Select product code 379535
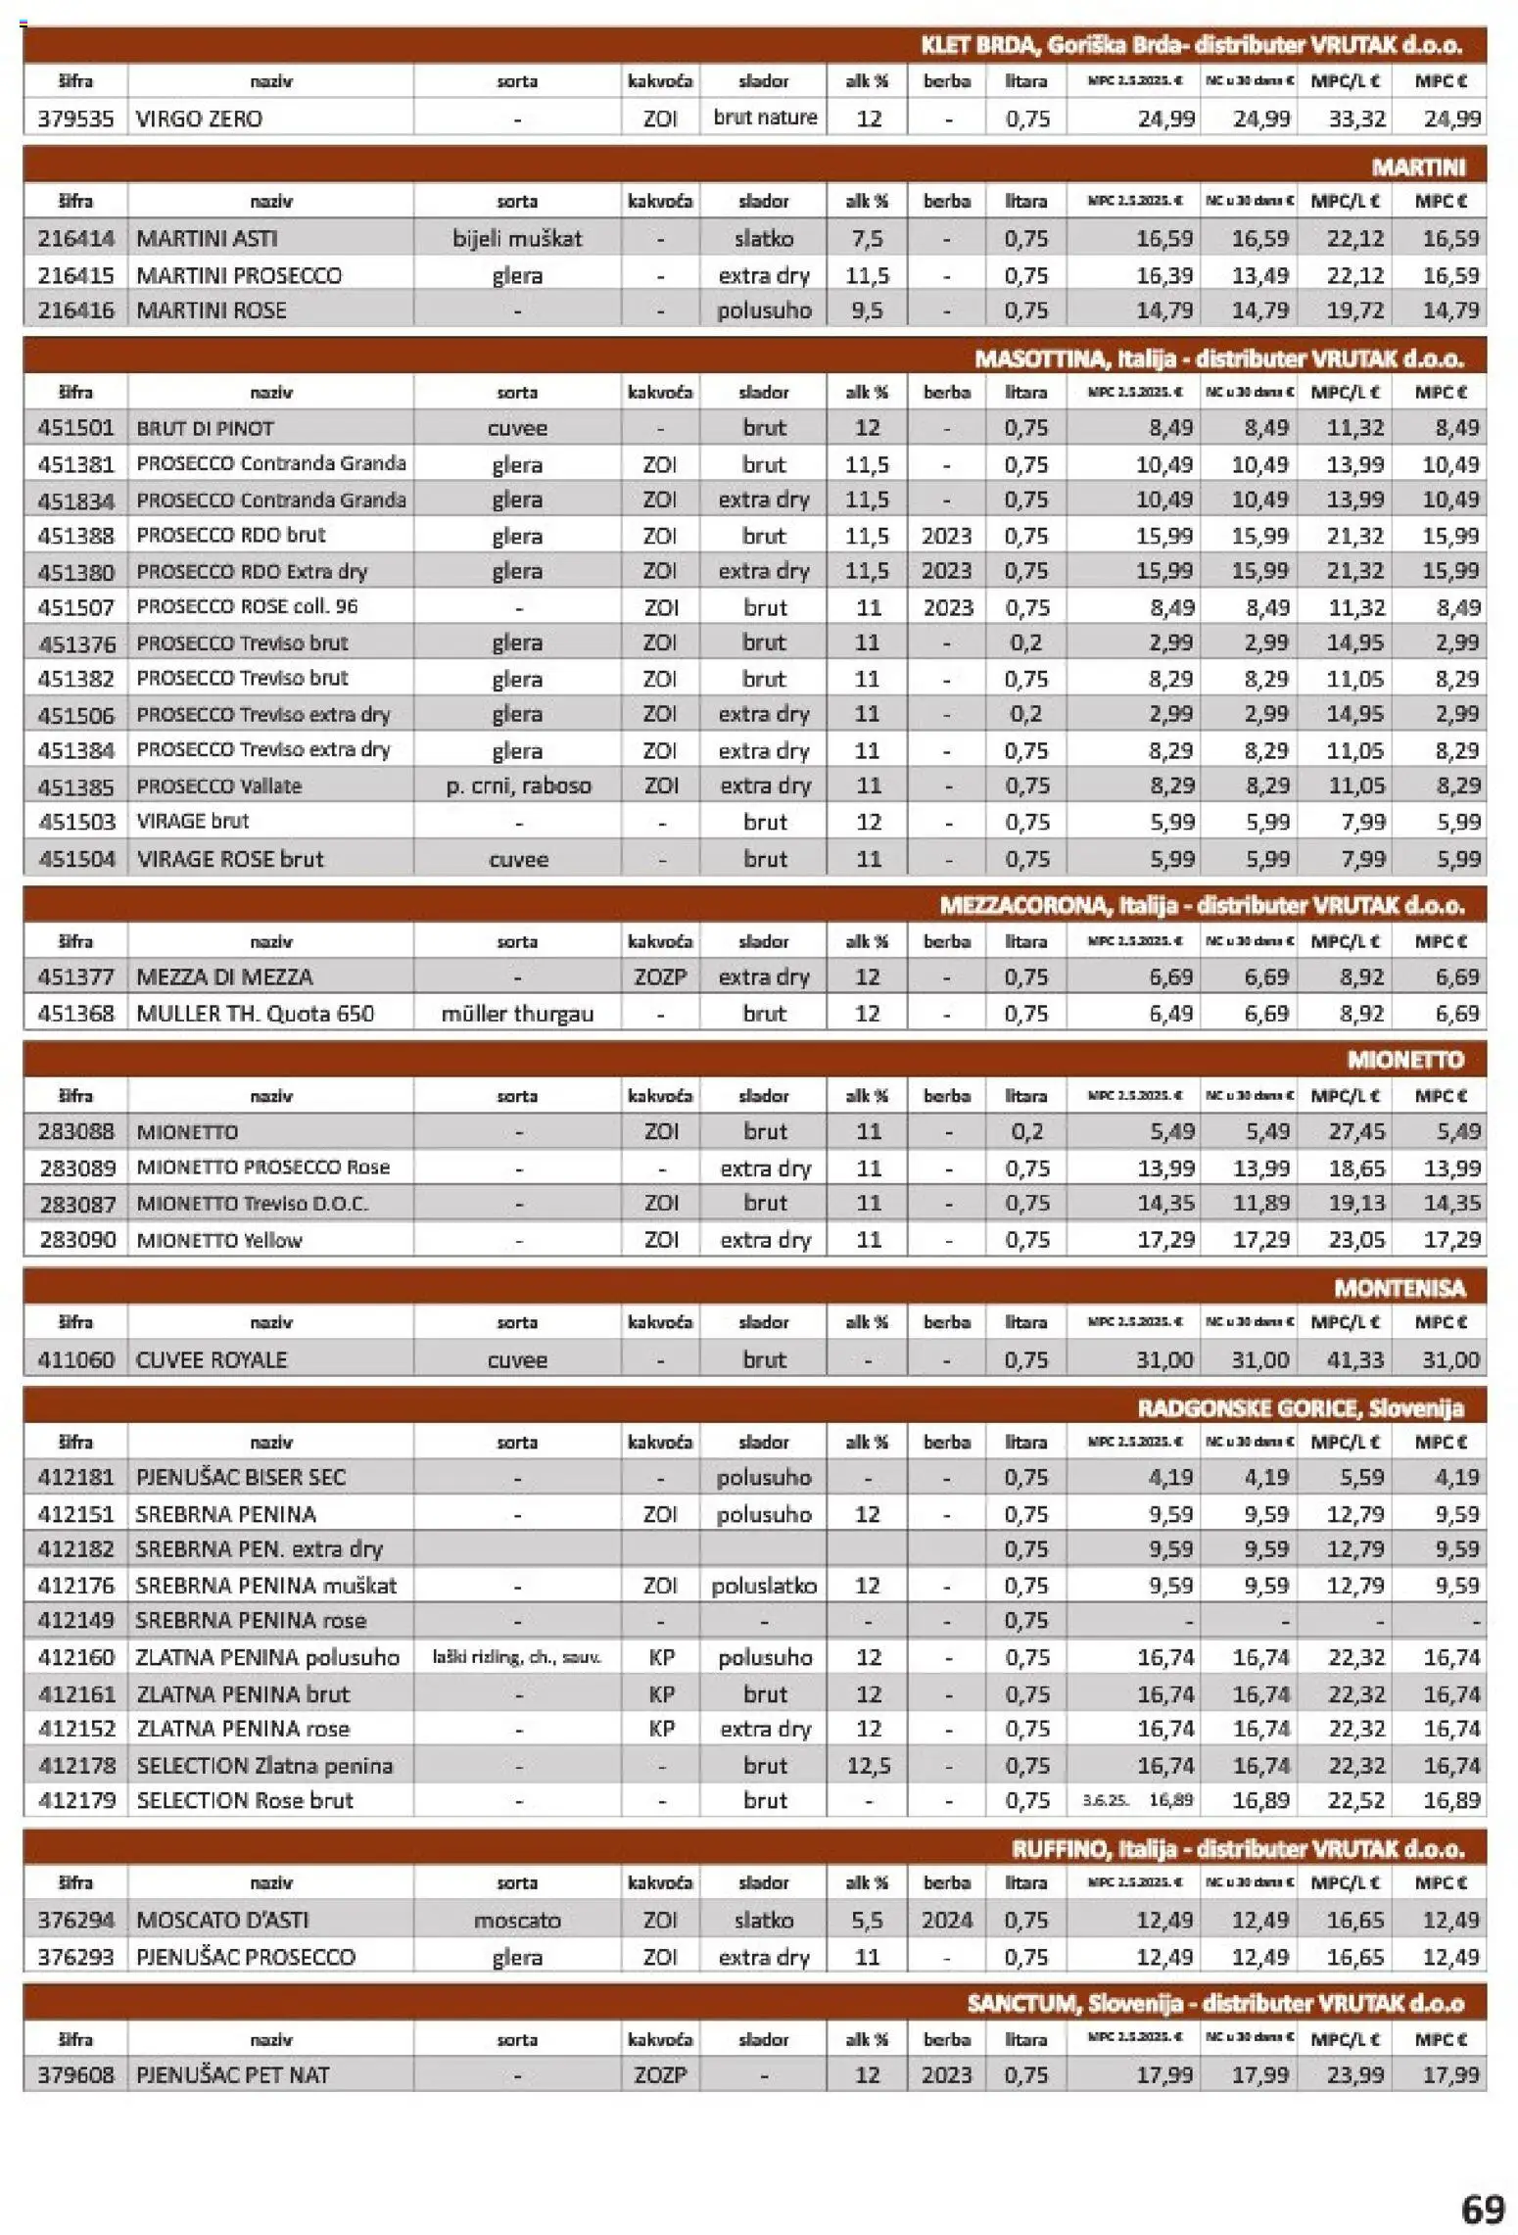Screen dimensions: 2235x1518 (x=75, y=119)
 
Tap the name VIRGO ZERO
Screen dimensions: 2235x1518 (x=200, y=119)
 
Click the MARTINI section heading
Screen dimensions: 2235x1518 (x=1417, y=166)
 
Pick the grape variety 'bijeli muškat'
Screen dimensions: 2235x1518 (x=517, y=238)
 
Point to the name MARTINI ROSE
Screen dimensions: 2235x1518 (x=212, y=310)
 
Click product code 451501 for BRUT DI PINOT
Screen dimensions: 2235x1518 (x=75, y=428)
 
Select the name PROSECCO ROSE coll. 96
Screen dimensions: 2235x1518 (x=247, y=606)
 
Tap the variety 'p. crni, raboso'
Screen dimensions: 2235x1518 (x=518, y=785)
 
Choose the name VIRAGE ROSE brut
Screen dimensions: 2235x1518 (x=230, y=859)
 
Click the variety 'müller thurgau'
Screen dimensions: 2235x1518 (x=517, y=1013)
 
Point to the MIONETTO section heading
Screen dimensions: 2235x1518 (x=1404, y=1059)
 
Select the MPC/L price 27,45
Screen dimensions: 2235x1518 (x=1355, y=1131)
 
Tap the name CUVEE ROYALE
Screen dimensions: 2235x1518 (x=212, y=1359)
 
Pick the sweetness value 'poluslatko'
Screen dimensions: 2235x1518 (x=764, y=1585)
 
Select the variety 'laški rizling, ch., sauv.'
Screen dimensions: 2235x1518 (x=516, y=1657)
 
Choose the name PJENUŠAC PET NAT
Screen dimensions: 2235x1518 (x=232, y=2074)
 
